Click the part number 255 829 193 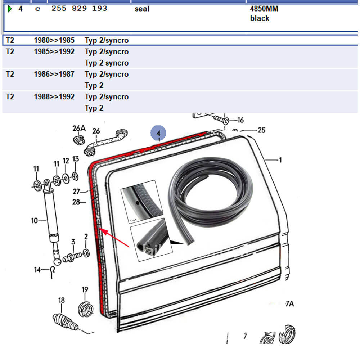[79, 8]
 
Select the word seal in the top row [142, 9]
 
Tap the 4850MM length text [264, 9]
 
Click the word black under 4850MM [260, 18]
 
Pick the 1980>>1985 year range [54, 40]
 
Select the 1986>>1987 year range [54, 74]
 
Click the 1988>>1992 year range [54, 97]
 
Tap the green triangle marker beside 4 [10, 8]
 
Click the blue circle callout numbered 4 [158, 133]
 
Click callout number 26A [79, 128]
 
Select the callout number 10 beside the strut [35, 220]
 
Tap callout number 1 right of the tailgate [280, 160]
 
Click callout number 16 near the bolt [240, 120]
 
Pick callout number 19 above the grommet [85, 289]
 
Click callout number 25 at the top [261, 130]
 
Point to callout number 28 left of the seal [76, 202]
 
